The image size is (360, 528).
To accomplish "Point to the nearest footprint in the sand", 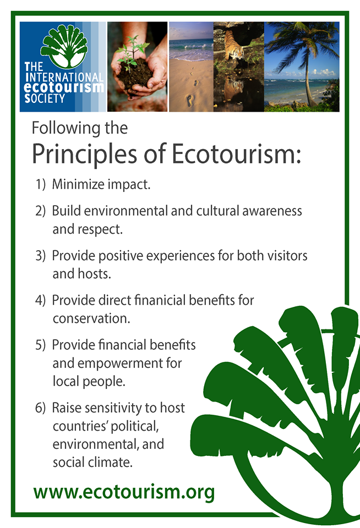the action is coord(190,100).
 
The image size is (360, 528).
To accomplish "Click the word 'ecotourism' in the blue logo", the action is coord(64,87).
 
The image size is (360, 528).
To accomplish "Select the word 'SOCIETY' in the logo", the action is coord(45,98).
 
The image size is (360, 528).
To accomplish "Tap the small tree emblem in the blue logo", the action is coord(64,46).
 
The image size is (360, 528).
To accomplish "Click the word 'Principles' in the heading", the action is coord(85,154).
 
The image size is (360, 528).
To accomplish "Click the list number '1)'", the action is coord(40,184).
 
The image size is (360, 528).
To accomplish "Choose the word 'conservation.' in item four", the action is coord(91,318).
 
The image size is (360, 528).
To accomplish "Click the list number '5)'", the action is coord(40,345).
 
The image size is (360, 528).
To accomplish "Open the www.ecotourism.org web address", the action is coord(124,493).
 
